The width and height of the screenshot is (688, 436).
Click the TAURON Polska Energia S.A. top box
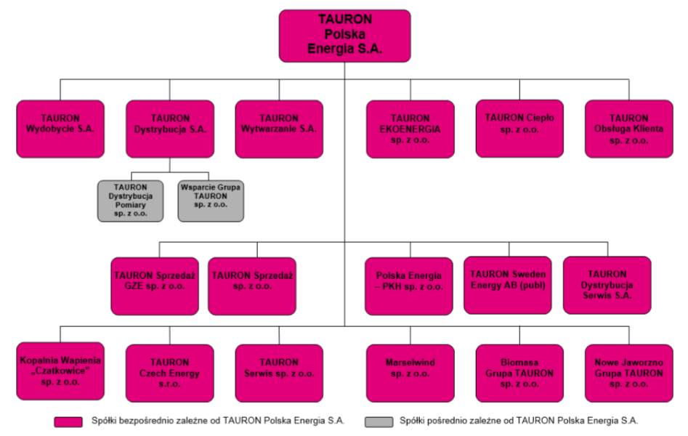[x=345, y=36]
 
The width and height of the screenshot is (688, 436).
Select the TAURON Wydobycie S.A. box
[x=60, y=129]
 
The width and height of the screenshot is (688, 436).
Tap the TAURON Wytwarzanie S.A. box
[x=279, y=129]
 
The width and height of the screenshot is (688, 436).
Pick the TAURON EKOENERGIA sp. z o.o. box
[x=410, y=129]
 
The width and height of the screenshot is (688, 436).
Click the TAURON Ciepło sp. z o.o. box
[x=519, y=129]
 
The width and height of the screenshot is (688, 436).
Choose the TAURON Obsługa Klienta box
[x=628, y=129]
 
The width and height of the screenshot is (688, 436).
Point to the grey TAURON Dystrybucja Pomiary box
[x=130, y=201]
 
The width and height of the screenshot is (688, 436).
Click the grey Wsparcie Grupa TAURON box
[x=211, y=201]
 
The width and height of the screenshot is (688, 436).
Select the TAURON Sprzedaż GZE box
[x=155, y=286]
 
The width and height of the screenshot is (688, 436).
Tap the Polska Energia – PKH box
[x=409, y=286]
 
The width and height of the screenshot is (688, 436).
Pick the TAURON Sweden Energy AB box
[x=508, y=286]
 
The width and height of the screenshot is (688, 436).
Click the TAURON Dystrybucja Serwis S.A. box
[x=607, y=286]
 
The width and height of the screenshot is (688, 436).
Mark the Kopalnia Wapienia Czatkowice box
[x=60, y=371]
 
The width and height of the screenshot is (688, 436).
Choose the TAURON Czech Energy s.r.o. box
[x=170, y=374]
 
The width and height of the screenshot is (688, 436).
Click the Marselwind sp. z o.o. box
[x=410, y=374]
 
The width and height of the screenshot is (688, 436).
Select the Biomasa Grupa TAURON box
[x=519, y=374]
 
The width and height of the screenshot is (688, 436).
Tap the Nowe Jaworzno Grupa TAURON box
[x=628, y=374]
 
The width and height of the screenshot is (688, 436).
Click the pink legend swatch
[x=68, y=422]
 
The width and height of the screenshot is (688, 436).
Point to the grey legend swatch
[x=379, y=422]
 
